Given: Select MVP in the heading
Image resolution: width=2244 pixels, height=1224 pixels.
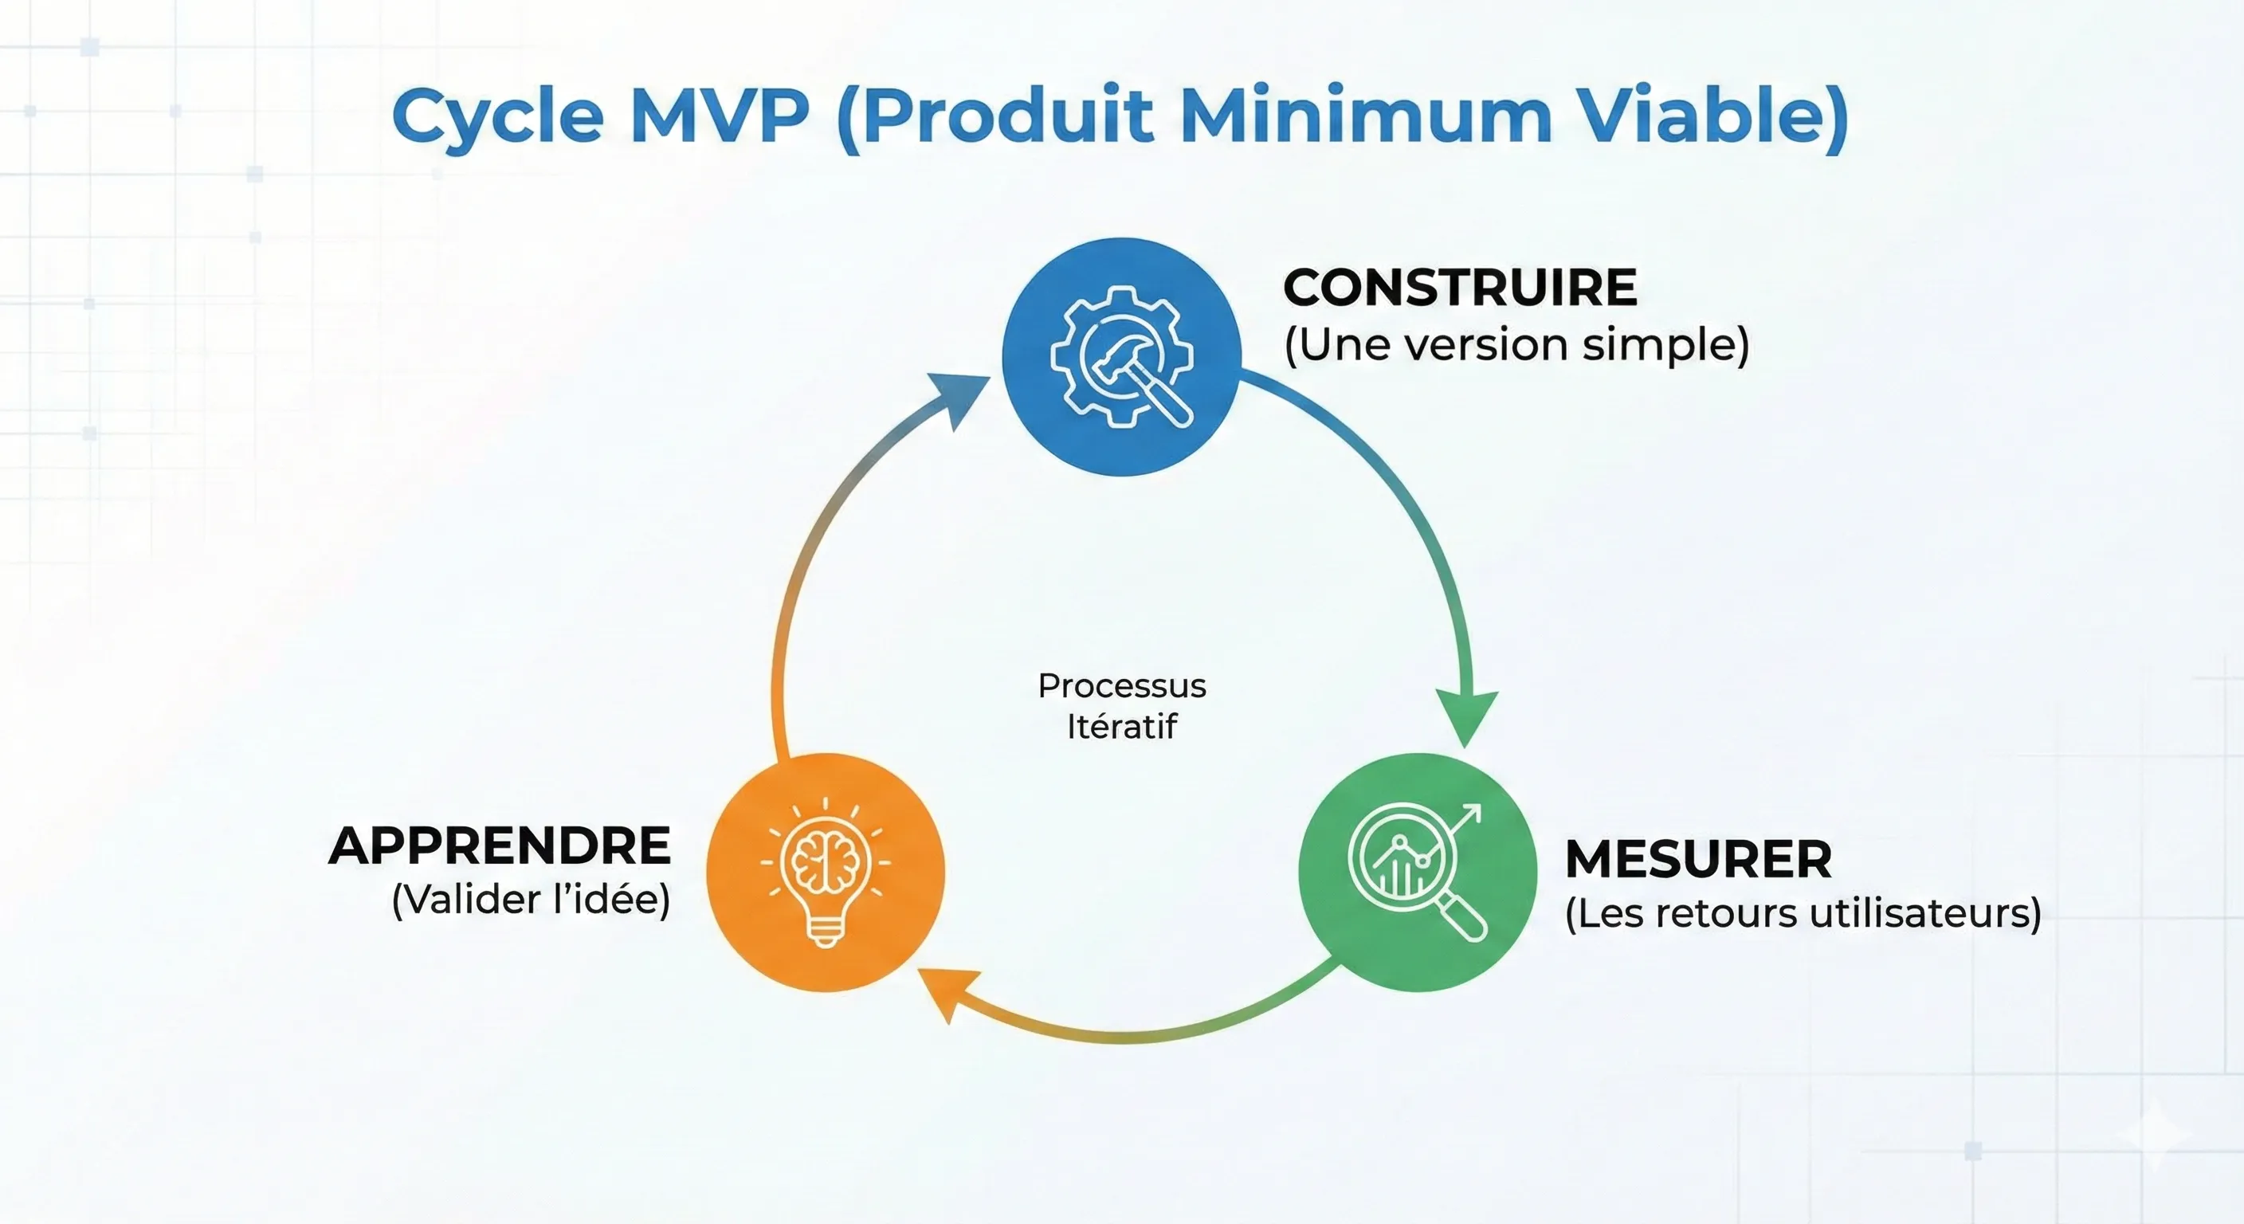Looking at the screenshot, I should (720, 116).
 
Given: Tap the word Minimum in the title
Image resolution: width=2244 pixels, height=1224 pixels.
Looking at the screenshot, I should (1365, 116).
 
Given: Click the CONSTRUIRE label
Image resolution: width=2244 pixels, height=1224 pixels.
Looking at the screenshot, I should (1460, 288).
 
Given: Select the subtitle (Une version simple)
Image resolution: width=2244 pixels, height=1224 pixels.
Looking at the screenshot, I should (1516, 345).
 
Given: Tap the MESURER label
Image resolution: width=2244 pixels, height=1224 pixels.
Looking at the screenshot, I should (1699, 860).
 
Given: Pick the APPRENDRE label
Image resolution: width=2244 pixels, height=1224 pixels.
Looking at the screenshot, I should (500, 846).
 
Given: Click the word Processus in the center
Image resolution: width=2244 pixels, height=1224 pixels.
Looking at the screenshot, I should (1122, 686).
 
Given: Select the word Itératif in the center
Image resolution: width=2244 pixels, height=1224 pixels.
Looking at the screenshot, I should (1122, 727).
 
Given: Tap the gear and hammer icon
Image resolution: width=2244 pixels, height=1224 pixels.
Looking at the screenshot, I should (1122, 356).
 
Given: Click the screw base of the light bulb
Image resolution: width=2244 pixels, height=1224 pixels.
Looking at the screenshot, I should (825, 935).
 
